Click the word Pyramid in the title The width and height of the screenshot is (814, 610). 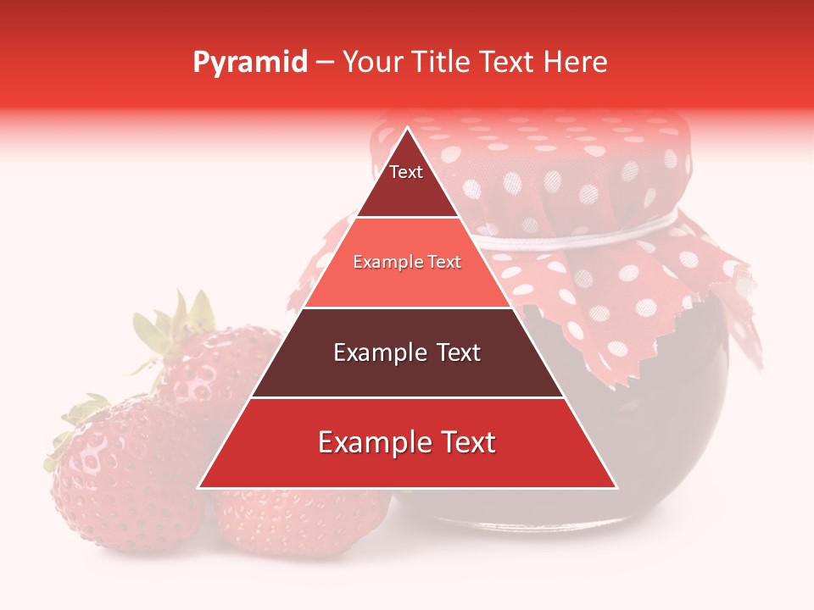[249, 63]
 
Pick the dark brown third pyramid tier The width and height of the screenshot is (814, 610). [407, 353]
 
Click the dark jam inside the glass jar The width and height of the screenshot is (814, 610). [661, 407]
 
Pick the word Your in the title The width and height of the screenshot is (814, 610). [370, 62]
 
